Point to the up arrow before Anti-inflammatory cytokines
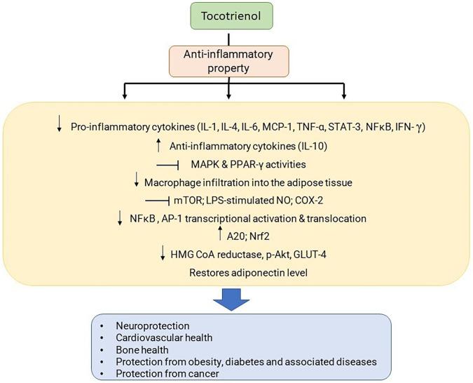tap(160, 145)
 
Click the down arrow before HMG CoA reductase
tap(163, 253)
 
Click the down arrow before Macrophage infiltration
tap(137, 182)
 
